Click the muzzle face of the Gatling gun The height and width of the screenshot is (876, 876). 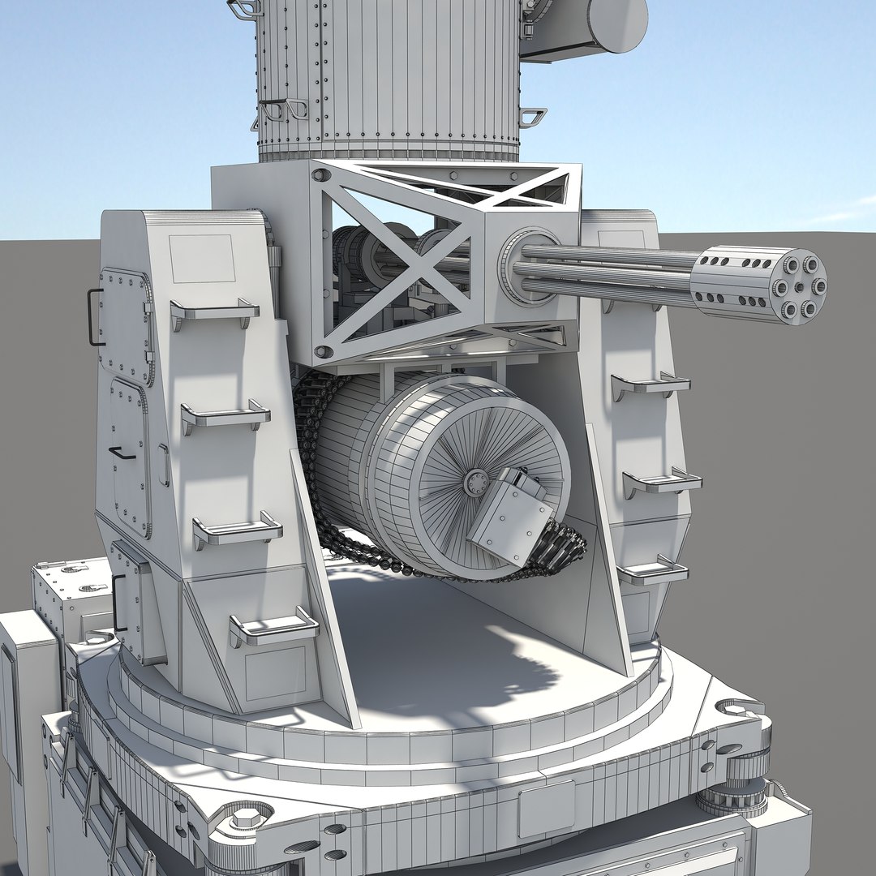coord(799,286)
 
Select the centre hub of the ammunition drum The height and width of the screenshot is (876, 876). coord(475,484)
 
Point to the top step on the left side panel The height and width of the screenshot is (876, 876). coord(214,311)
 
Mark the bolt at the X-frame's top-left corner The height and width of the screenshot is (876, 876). coord(321,175)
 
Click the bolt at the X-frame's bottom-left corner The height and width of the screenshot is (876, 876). coord(323,351)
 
